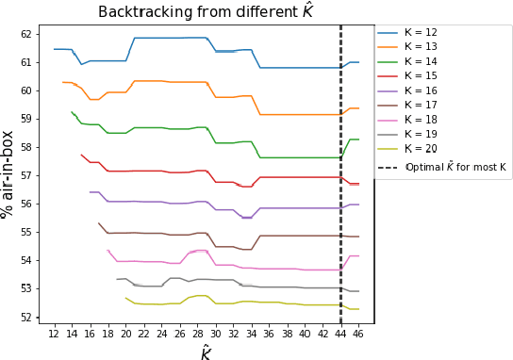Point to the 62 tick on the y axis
tap(28, 34)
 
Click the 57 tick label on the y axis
tap(28, 175)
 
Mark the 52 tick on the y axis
tap(28, 317)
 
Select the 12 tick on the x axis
tap(54, 334)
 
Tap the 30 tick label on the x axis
tap(216, 334)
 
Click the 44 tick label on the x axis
tap(341, 334)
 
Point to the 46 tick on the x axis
tap(359, 334)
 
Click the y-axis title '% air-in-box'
tap(8, 173)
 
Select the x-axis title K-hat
tap(206, 352)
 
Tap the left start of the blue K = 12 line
tap(55, 49)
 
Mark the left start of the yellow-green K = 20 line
tap(126, 298)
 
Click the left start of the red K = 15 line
tap(81, 155)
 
